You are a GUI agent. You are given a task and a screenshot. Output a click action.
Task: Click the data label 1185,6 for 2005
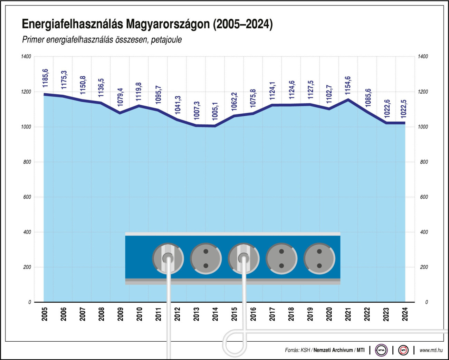pyautogui.click(x=45, y=78)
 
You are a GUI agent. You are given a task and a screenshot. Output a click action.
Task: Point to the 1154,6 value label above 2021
pyautogui.click(x=348, y=85)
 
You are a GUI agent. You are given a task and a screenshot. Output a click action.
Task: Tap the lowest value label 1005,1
pyautogui.click(x=215, y=111)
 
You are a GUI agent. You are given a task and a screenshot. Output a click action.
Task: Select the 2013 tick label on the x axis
pyautogui.click(x=196, y=314)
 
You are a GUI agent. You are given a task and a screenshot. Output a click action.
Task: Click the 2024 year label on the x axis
pyautogui.click(x=405, y=314)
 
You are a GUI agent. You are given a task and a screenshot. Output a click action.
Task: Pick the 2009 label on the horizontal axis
pyautogui.click(x=120, y=314)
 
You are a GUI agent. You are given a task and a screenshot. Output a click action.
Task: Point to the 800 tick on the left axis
pyautogui.click(x=27, y=162)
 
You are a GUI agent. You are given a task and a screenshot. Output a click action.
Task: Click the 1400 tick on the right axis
pyautogui.click(x=423, y=57)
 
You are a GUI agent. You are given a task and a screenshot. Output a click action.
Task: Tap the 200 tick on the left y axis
pyautogui.click(x=27, y=267)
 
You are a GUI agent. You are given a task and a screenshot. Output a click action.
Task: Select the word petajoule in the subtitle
pyautogui.click(x=166, y=40)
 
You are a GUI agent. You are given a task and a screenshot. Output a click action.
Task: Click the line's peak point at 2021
pyautogui.click(x=348, y=100)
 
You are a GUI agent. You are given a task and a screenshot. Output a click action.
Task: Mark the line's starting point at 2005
pyautogui.click(x=44, y=94)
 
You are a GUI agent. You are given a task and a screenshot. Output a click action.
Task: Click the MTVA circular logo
pyautogui.click(x=381, y=350)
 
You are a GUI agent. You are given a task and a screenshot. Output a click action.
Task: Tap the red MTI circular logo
pyautogui.click(x=403, y=350)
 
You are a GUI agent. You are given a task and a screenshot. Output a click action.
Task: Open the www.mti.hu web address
pyautogui.click(x=431, y=350)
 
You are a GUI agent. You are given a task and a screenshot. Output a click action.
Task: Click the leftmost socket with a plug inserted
pyautogui.click(x=168, y=258)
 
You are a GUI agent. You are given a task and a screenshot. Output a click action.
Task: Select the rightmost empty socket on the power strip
pyautogui.click(x=319, y=258)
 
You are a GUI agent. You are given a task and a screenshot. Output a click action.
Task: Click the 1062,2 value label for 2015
pyautogui.click(x=234, y=102)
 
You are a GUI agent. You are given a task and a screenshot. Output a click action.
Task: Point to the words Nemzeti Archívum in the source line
pyautogui.click(x=333, y=350)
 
